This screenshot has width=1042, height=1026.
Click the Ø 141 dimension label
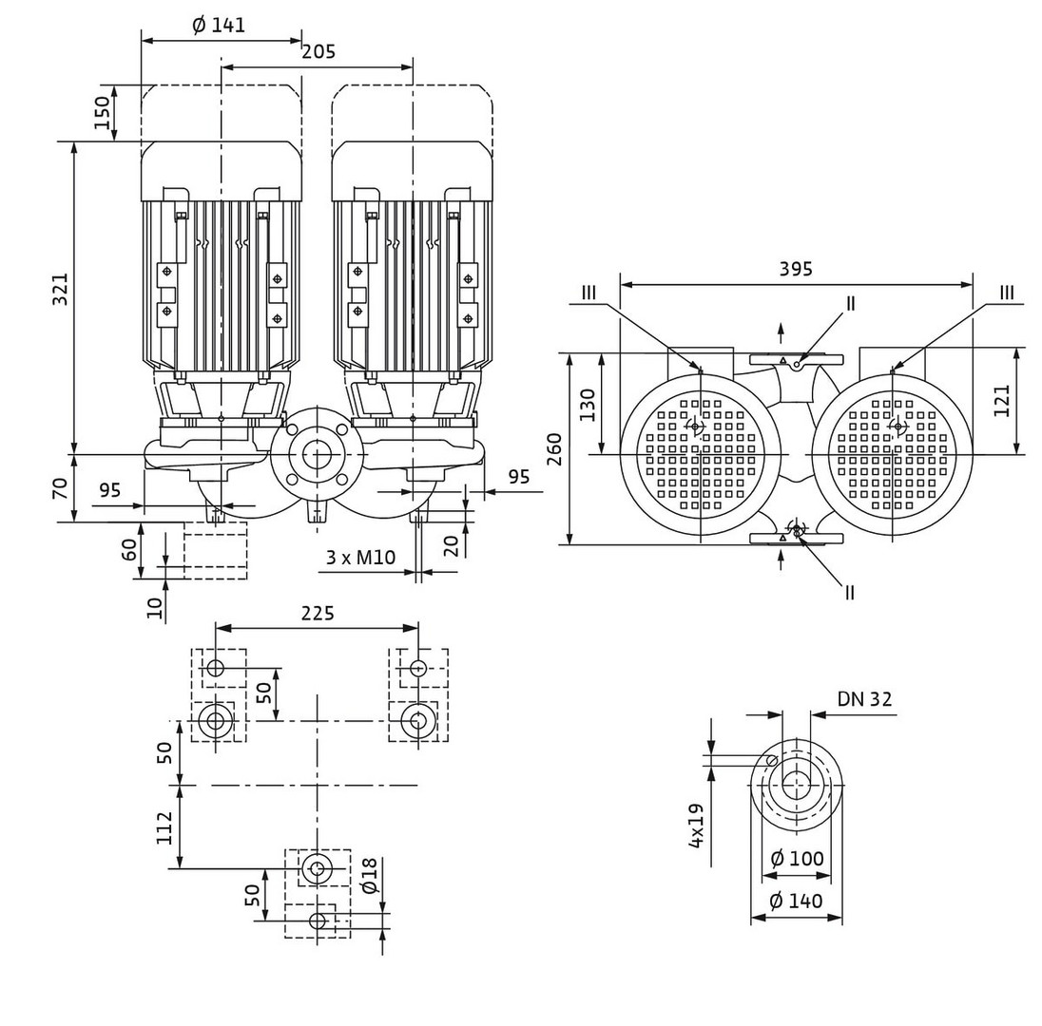point(219,26)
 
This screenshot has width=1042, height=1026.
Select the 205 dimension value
point(318,52)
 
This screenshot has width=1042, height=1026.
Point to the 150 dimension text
point(102,112)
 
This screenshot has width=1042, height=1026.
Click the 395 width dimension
point(796,269)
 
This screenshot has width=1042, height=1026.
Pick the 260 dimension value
point(554,447)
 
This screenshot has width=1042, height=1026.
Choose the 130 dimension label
point(588,404)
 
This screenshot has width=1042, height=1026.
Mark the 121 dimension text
point(1002,400)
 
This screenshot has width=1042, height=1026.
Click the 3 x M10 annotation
point(360,557)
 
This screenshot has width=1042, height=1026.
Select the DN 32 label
point(864,699)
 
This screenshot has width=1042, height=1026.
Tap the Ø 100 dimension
point(797,859)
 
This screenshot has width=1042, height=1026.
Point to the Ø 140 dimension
point(797,901)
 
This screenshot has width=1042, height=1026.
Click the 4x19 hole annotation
point(696,825)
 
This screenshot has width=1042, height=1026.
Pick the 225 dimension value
point(318,614)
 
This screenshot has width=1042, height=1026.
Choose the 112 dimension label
point(164,827)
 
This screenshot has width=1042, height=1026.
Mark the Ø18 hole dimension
point(370,875)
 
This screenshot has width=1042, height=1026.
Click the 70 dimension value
point(60,489)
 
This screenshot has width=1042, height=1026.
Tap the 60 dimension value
point(129,549)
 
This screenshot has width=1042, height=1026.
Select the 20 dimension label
point(452,543)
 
